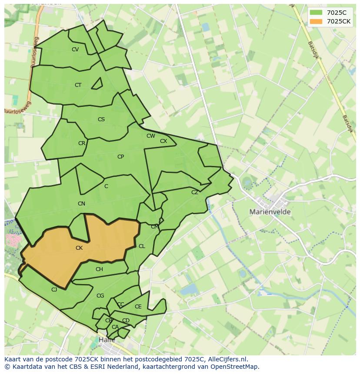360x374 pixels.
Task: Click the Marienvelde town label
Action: [270, 212]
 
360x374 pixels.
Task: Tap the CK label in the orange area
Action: [79, 248]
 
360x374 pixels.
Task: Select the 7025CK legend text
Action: [339, 21]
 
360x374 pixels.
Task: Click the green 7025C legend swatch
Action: [316, 13]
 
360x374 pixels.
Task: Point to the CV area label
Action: [75, 50]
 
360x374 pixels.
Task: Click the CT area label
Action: [78, 85]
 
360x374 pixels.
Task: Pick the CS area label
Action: [101, 119]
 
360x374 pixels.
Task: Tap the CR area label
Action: [82, 143]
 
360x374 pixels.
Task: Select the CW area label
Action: [151, 136]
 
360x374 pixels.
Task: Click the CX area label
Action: [163, 141]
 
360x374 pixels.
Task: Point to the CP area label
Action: [120, 157]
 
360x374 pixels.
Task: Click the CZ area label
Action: [195, 192]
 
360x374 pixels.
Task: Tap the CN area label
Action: [81, 204]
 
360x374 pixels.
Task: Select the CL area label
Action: [142, 246]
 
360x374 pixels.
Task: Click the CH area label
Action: [99, 269]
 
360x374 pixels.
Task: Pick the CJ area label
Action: [54, 290]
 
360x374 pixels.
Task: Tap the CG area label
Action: [100, 296]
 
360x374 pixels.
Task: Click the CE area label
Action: [138, 307]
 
